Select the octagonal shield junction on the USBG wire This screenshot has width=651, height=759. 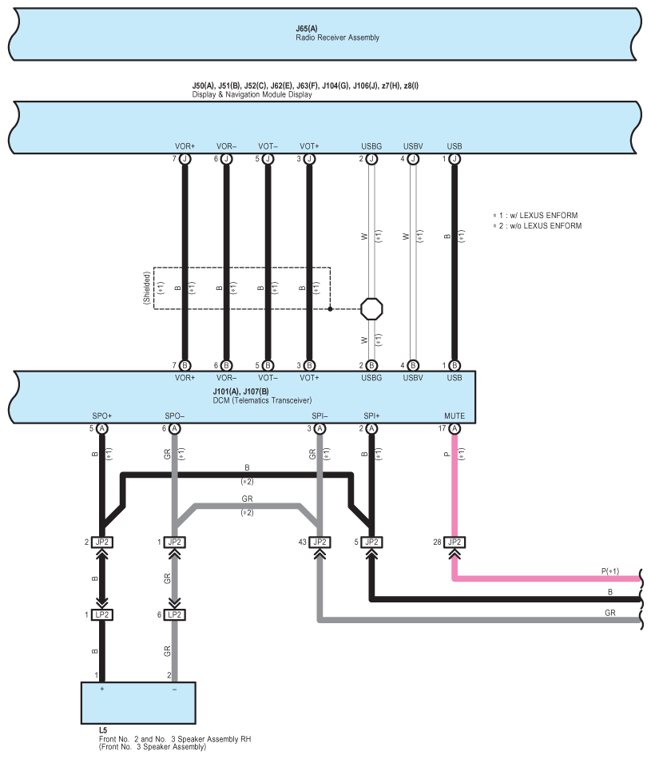[371, 308]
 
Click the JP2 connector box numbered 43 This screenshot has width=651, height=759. [320, 542]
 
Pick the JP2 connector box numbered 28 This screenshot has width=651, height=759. [455, 542]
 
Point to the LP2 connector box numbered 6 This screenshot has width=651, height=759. [175, 614]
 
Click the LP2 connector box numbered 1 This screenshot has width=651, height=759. [102, 614]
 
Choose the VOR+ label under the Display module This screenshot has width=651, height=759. [185, 147]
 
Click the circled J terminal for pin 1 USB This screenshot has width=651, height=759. [455, 159]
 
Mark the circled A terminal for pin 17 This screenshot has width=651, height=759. [455, 429]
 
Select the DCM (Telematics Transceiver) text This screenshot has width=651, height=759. [262, 400]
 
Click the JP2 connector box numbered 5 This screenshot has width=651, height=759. [371, 542]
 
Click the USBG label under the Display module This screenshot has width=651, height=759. [371, 147]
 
